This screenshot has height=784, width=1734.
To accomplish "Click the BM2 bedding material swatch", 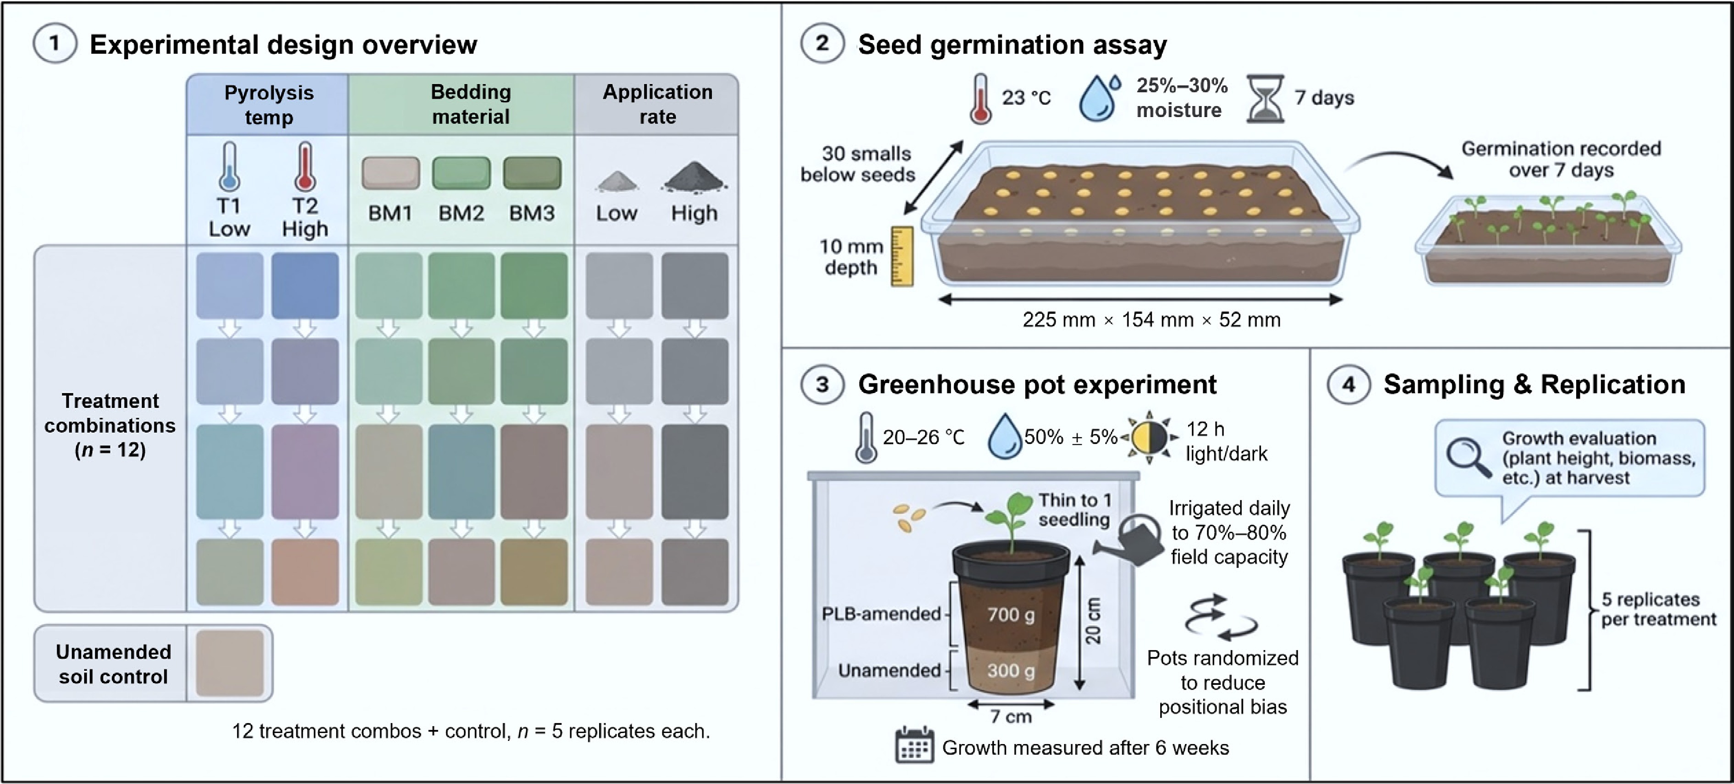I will (461, 173).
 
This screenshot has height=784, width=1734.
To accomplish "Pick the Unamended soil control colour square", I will (229, 663).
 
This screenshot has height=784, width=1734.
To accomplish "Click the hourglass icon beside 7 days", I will (1265, 98).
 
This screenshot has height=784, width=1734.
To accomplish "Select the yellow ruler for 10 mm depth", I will (902, 256).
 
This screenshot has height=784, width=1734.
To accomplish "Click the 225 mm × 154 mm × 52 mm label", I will (1151, 320).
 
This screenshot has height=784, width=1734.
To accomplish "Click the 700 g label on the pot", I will (1011, 614).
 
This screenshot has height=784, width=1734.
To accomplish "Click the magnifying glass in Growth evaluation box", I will (1468, 458).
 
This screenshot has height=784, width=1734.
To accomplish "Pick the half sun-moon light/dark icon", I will (1149, 438).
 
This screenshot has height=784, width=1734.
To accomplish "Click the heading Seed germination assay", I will (1011, 44).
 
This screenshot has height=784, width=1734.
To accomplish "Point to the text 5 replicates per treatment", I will (1658, 609).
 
